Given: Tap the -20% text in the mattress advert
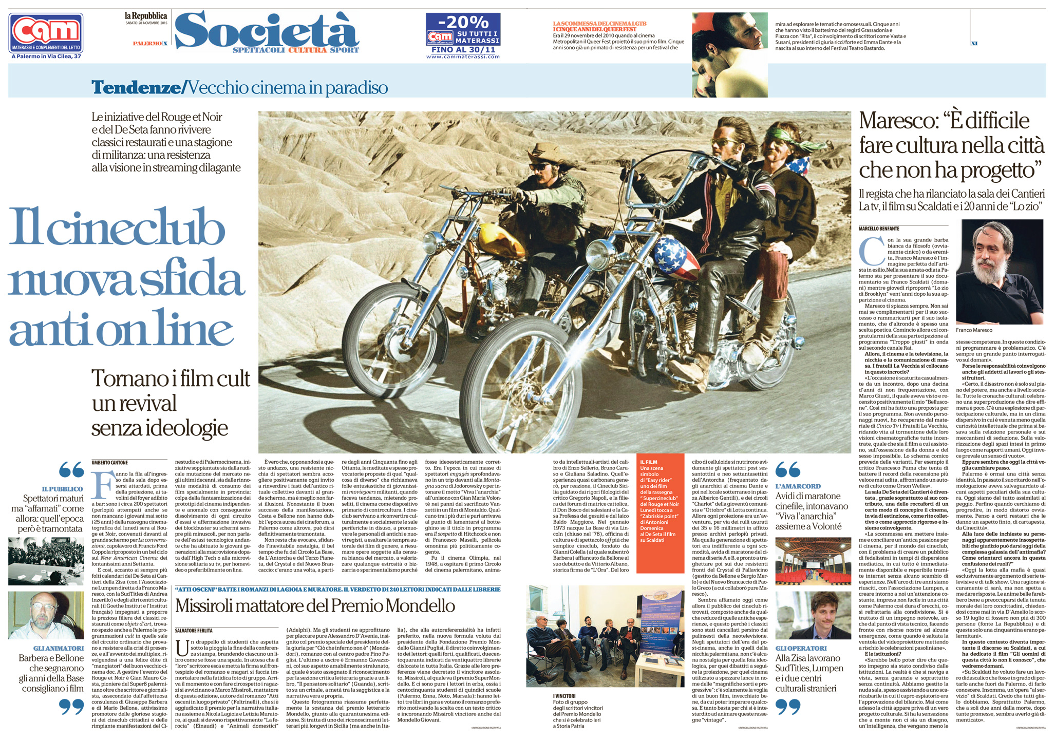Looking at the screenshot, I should pos(463,22).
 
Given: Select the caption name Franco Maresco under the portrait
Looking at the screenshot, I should pos(974,330).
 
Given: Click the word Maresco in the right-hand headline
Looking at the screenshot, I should pos(899,121).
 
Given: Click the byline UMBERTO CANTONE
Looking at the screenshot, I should pos(110,462).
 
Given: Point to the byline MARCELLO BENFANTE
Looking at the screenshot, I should pos(879,229).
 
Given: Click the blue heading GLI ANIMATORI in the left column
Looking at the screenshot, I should pos(58,649).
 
